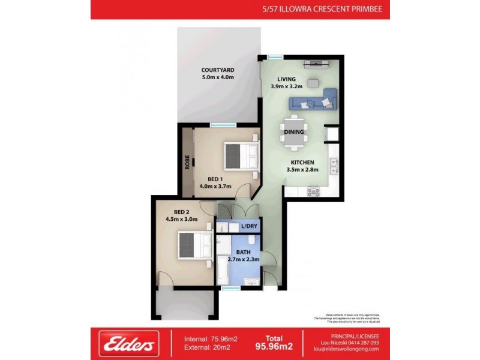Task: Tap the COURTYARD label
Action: tap(217, 70)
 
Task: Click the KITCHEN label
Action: tap(302, 163)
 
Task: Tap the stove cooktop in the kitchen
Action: tap(314, 191)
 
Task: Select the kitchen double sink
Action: tap(334, 166)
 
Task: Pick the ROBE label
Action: tap(187, 163)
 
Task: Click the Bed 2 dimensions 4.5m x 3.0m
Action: tap(182, 220)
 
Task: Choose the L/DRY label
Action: tap(248, 227)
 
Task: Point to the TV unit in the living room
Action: tap(315, 64)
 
